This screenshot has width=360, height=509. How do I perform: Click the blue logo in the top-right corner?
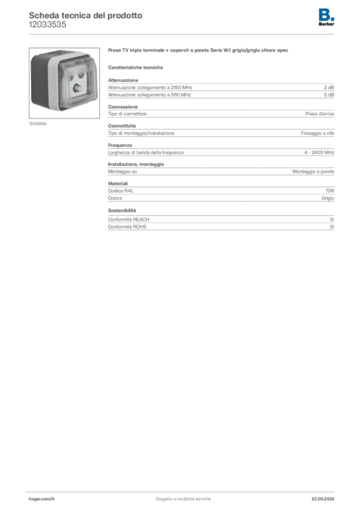pos(326,14)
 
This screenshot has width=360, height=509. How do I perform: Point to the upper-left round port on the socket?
pos(69,76)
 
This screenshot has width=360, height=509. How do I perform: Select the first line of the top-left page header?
pos(85,15)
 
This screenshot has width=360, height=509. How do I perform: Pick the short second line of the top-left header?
pos(47,28)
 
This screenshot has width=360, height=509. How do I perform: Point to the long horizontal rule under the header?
pos(182,34)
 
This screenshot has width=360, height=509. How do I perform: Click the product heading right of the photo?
pos(199,52)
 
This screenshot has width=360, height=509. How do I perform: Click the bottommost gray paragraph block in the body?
pos(221,222)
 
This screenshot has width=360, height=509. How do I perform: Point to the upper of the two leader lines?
pos(224,114)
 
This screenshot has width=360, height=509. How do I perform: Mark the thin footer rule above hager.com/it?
pos(182,491)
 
